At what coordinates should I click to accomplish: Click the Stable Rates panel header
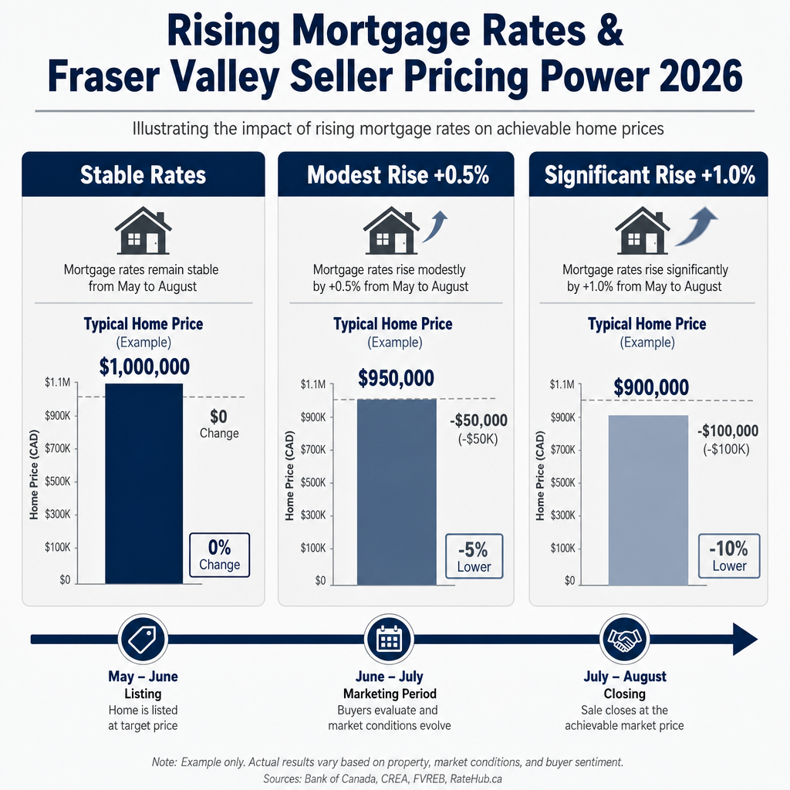(x=143, y=174)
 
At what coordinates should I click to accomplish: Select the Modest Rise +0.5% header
(x=396, y=174)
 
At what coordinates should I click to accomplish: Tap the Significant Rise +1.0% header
(x=648, y=174)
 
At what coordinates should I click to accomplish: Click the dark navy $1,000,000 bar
(x=144, y=484)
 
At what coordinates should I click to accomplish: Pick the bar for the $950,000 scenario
(x=397, y=491)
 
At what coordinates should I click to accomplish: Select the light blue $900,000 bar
(x=648, y=500)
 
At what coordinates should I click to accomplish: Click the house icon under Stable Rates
(x=143, y=231)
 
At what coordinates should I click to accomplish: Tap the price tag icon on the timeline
(x=143, y=639)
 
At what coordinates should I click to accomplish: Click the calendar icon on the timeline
(x=389, y=639)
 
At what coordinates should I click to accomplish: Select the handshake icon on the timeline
(x=625, y=639)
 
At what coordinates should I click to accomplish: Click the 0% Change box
(x=220, y=555)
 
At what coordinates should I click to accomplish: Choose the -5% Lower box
(x=474, y=556)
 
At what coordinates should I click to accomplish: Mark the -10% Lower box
(x=729, y=555)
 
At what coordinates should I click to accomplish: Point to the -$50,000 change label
(x=478, y=420)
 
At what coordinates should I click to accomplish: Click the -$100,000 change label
(x=728, y=430)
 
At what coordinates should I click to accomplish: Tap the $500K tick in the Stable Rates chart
(x=57, y=481)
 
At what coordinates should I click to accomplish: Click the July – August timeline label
(x=625, y=676)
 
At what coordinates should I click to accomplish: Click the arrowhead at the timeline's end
(x=744, y=639)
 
